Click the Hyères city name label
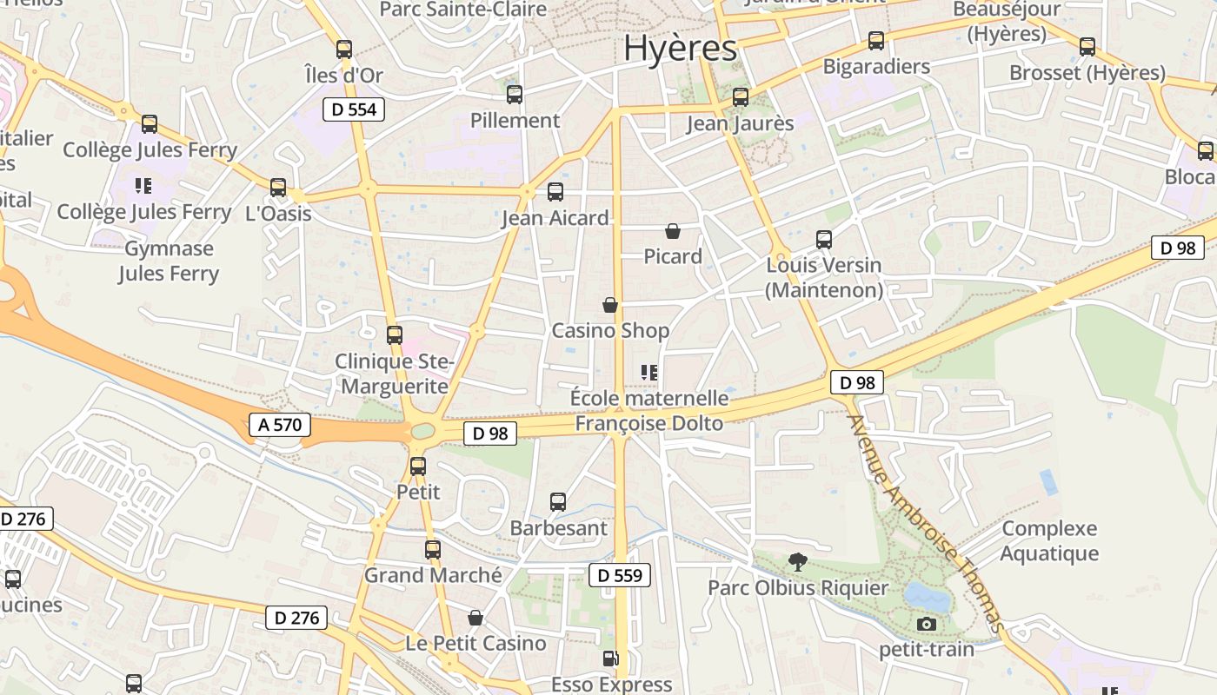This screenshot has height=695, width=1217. pyautogui.click(x=680, y=49)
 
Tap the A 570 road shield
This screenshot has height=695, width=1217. pyautogui.click(x=280, y=425)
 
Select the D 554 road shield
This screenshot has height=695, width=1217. pyautogui.click(x=353, y=109)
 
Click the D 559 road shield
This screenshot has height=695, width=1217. pyautogui.click(x=620, y=575)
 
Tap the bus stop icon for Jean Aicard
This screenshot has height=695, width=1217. pyautogui.click(x=555, y=192)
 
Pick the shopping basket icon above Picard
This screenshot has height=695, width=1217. pyautogui.click(x=672, y=231)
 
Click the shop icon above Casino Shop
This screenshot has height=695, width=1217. pyautogui.click(x=610, y=305)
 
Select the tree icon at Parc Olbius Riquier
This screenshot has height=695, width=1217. pyautogui.click(x=797, y=562)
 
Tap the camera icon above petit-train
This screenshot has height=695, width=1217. pyautogui.click(x=927, y=624)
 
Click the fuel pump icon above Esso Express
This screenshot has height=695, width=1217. pyautogui.click(x=611, y=659)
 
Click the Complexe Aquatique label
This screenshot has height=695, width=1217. pyautogui.click(x=1049, y=540)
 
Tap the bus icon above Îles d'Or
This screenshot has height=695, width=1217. pyautogui.click(x=344, y=50)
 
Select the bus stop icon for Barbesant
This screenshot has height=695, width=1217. pyautogui.click(x=558, y=502)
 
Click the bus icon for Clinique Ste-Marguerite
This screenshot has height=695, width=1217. pyautogui.click(x=395, y=335)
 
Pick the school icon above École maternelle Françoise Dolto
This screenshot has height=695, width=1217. pyautogui.click(x=649, y=373)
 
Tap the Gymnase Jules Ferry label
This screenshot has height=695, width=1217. pyautogui.click(x=169, y=261)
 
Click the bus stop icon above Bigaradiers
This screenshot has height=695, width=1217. pyautogui.click(x=876, y=41)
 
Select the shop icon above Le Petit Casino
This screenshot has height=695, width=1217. pyautogui.click(x=475, y=618)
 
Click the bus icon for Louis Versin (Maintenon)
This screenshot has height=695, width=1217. pyautogui.click(x=823, y=240)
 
